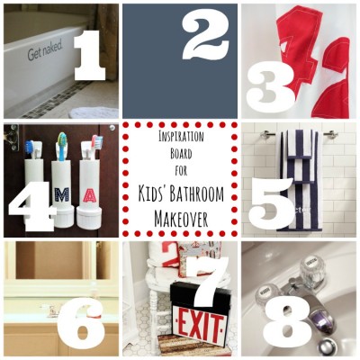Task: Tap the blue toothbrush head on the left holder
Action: (x=28, y=146)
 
